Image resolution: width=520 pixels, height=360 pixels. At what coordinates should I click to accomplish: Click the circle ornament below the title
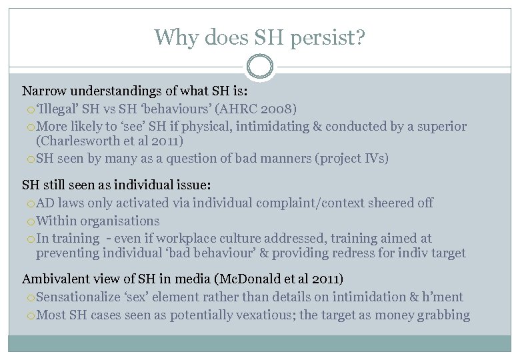coord(259,66)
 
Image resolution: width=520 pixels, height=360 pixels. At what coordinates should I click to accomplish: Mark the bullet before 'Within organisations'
coord(31,221)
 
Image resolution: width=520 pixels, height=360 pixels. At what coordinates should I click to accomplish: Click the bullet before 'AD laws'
coord(31,203)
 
